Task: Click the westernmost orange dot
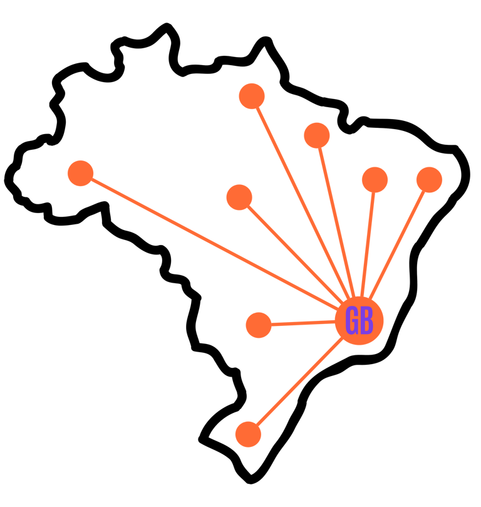point(80,173)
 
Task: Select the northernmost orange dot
point(252,97)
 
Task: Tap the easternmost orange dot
point(429,180)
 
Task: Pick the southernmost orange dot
point(248,434)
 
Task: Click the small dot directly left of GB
point(259,325)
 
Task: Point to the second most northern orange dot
point(317,135)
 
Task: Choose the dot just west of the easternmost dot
point(375,180)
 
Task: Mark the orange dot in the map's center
point(239,197)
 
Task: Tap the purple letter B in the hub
point(366,321)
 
